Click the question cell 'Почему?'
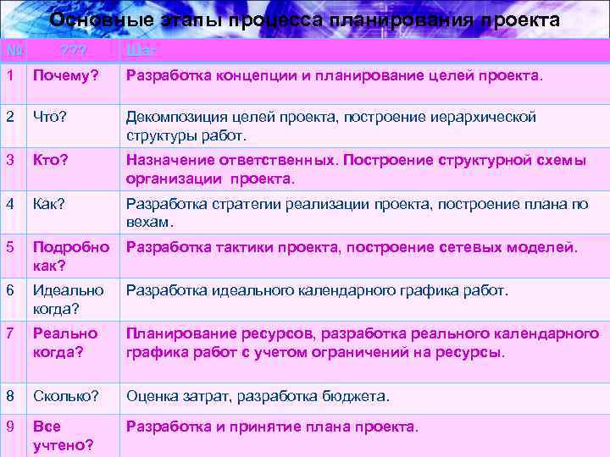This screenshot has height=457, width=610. pyautogui.click(x=65, y=77)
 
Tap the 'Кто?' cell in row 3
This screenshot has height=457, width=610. pyautogui.click(x=51, y=160)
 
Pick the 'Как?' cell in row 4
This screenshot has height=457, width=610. pyautogui.click(x=52, y=203)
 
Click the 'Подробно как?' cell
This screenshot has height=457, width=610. pyautogui.click(x=70, y=256)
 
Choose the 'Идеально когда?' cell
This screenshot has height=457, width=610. pyautogui.click(x=68, y=300)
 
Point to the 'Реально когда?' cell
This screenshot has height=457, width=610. pyautogui.click(x=65, y=343)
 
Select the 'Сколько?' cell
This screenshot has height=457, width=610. pyautogui.click(x=65, y=395)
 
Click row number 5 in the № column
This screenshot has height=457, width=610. pyautogui.click(x=9, y=247)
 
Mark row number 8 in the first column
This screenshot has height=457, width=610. pyautogui.click(x=9, y=395)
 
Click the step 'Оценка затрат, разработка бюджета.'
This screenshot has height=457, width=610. pyautogui.click(x=258, y=395)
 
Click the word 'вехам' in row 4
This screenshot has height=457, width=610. pyautogui.click(x=147, y=223)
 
